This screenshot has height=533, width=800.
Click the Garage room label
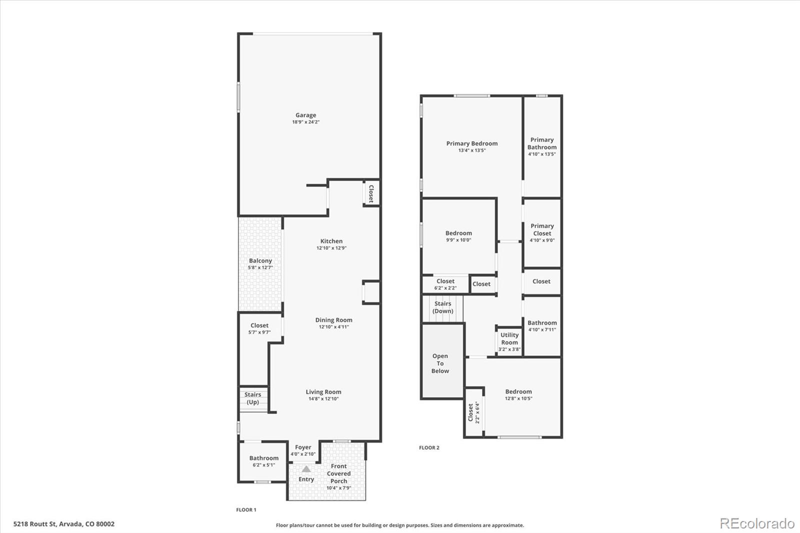[305, 115]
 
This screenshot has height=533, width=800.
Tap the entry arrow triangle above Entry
[306, 469]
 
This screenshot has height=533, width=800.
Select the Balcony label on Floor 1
[260, 261]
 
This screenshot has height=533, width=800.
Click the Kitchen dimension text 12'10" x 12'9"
[331, 248]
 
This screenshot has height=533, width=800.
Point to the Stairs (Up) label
[253, 398]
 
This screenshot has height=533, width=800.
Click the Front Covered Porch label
[338, 473]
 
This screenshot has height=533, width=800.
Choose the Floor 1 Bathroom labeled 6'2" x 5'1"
[263, 458]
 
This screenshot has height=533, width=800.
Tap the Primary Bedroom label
[472, 143]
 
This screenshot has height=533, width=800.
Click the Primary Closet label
[542, 229]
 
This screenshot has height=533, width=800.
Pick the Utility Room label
[509, 338]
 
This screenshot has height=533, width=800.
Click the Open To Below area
[440, 363]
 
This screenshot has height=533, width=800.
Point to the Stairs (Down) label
[442, 307]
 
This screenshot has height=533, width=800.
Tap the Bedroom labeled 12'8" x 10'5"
[518, 392]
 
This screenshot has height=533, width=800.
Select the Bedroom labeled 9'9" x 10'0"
[458, 233]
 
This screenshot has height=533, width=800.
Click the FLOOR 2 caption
[429, 447]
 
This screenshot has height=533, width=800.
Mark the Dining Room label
[333, 320]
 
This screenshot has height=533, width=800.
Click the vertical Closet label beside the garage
[370, 193]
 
